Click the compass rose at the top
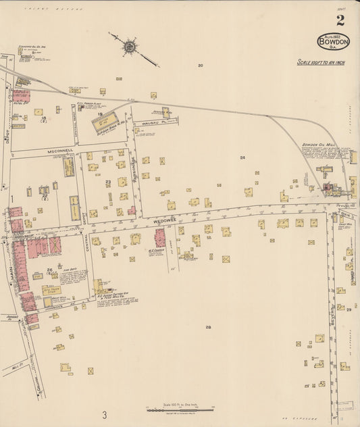pos(129,46)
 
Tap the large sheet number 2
pos(340,20)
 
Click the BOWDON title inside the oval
pos(334,41)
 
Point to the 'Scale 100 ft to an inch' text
pos(321,62)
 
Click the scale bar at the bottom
pos(180,409)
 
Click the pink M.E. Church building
pos(160,238)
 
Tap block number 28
pos(208,327)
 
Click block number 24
pos(241,157)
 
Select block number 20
pos(200,66)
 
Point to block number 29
pos(349,309)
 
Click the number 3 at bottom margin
pos(105,414)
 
